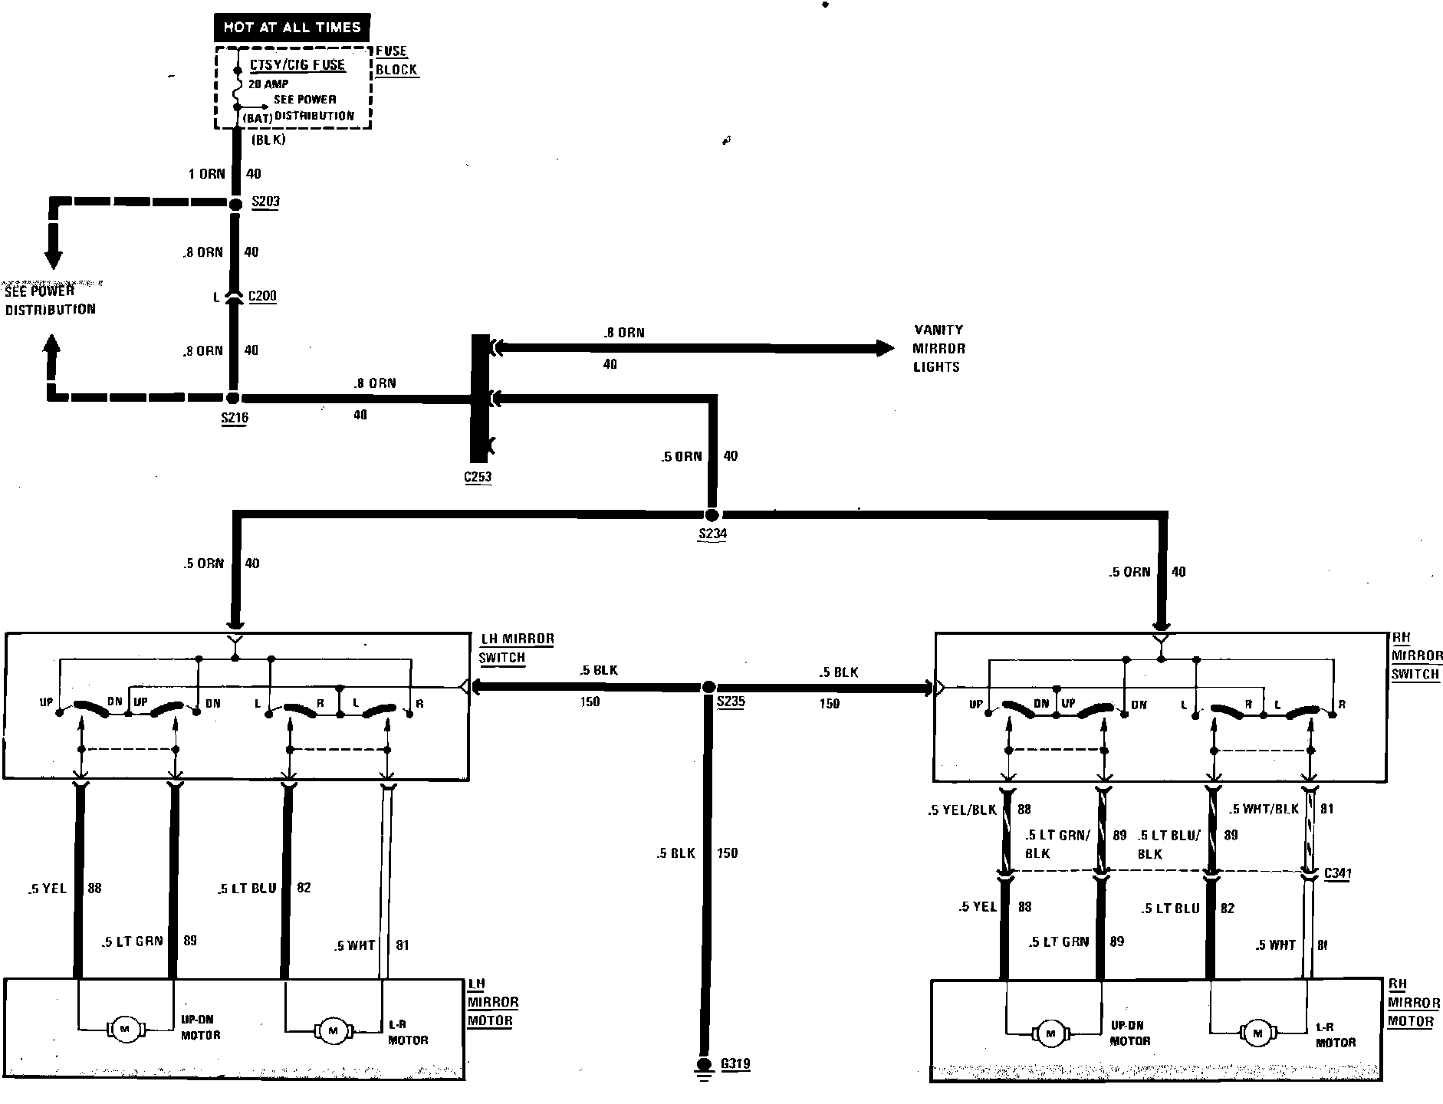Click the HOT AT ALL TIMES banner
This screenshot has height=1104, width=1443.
coord(291,28)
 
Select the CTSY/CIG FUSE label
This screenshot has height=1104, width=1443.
coord(297,65)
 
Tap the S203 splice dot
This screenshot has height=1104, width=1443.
coord(235,204)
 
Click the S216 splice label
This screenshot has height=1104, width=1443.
coord(234,418)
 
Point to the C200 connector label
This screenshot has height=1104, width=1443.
coord(262,297)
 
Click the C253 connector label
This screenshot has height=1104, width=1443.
coord(478,477)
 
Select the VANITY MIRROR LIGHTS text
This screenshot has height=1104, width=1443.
coord(938,348)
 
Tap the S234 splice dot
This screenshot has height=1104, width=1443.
coord(712,515)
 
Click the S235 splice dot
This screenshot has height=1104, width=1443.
coord(709,688)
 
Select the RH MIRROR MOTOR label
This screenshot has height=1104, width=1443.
coord(1414,1003)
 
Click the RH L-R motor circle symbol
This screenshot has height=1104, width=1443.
coord(1257,1033)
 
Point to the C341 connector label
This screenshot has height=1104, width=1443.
coord(1338,873)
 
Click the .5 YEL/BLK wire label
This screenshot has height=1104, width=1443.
coord(962,810)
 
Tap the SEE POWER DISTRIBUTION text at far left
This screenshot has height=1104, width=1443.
coord(50,301)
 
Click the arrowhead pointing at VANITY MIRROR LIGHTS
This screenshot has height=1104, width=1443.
coord(885,349)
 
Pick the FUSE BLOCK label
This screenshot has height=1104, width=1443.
coord(396,61)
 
